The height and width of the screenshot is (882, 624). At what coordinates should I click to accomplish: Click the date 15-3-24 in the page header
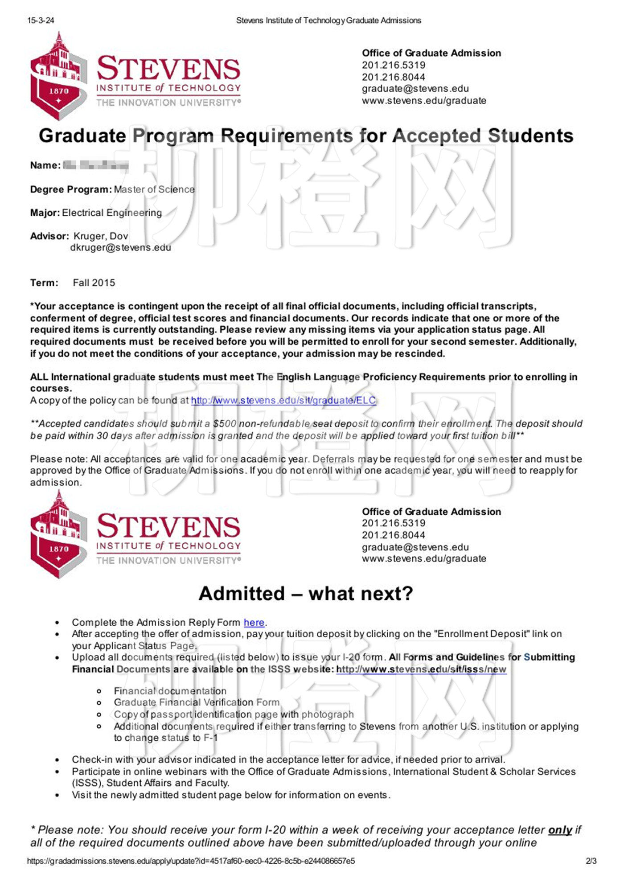(x=41, y=21)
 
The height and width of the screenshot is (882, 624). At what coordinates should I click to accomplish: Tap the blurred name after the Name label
(x=96, y=166)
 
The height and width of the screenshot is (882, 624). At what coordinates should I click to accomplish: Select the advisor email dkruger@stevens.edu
(x=120, y=248)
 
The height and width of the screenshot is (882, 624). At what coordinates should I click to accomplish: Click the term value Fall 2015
(x=94, y=283)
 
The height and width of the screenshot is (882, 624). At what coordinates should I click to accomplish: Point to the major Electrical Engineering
(x=112, y=213)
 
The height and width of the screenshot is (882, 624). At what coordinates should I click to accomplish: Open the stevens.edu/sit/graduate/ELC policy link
(x=283, y=401)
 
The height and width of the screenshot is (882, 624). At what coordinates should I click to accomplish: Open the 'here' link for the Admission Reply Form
(x=254, y=623)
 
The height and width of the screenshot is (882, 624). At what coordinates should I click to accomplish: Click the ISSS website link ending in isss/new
(x=421, y=669)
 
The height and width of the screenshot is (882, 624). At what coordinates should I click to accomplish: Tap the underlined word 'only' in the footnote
(x=560, y=830)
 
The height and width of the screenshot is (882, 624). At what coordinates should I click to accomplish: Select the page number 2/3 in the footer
(x=591, y=861)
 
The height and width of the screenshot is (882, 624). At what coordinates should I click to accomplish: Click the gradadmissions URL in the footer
(x=191, y=861)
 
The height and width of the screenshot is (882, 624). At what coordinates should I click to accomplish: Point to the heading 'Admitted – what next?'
(x=306, y=594)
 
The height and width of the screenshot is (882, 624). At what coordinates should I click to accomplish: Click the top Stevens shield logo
(x=58, y=78)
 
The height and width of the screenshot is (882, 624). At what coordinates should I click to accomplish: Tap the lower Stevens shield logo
(x=58, y=536)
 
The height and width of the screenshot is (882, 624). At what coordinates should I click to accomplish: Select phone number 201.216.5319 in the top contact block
(x=394, y=65)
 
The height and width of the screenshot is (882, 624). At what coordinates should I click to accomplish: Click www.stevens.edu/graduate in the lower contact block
(x=424, y=559)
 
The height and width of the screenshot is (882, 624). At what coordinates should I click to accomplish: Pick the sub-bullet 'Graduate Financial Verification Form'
(x=197, y=702)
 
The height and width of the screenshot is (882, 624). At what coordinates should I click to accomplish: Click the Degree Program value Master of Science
(x=154, y=189)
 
